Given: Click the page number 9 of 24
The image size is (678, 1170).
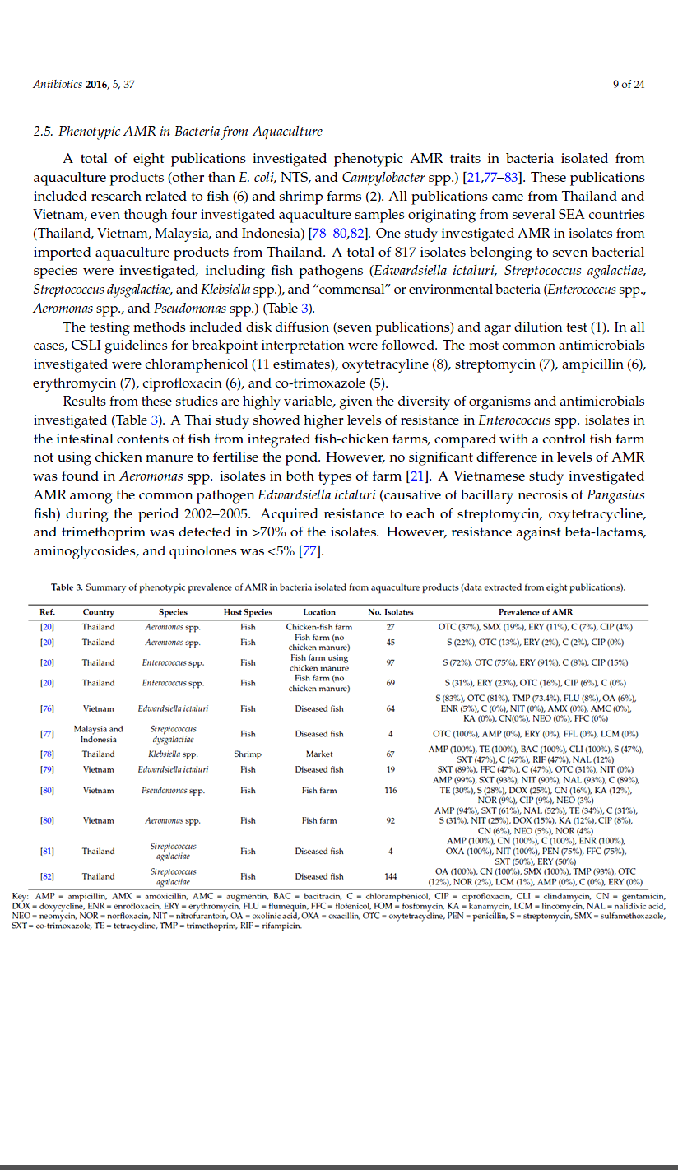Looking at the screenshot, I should click(x=629, y=84).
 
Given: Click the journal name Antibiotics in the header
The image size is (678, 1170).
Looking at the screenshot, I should click(x=56, y=84).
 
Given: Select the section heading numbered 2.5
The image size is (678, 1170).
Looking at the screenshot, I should click(x=177, y=132).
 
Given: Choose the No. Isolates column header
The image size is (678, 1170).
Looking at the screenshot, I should click(x=391, y=612).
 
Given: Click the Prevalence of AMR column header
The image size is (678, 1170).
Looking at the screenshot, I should click(x=536, y=612).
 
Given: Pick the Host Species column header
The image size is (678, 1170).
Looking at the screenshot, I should click(x=248, y=612).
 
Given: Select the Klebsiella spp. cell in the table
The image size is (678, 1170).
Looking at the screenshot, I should click(x=173, y=754).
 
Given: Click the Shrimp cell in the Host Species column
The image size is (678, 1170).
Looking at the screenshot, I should click(x=248, y=754).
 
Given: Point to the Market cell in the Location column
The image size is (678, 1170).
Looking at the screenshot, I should click(x=319, y=754).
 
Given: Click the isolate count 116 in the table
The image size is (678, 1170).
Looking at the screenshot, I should click(x=390, y=791).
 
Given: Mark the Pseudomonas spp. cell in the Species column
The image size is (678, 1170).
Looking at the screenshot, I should click(x=173, y=791).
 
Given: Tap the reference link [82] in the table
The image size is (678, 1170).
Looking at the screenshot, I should click(x=47, y=876).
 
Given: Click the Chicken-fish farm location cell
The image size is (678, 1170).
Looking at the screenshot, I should click(x=319, y=627).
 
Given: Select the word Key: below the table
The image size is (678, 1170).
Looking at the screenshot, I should click(x=22, y=895).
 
